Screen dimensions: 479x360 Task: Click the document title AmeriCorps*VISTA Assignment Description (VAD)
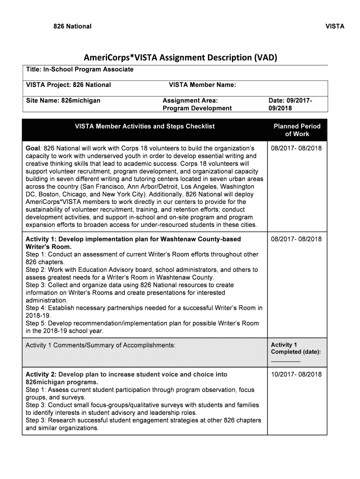(180, 58)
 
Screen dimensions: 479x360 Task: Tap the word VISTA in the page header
(335, 26)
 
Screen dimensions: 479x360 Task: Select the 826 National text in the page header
(72, 26)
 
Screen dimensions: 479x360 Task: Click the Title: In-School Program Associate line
(79, 69)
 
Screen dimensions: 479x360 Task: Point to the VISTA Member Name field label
(202, 85)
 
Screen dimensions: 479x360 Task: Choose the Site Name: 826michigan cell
(63, 100)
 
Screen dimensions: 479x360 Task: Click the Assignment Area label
(190, 100)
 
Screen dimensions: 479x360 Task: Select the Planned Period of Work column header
(297, 130)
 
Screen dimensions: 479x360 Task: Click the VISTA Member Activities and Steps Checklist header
(145, 126)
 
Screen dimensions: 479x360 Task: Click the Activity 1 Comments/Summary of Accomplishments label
(101, 345)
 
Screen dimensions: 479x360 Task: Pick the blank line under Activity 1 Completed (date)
(286, 361)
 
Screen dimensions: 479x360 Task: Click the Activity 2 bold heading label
(41, 374)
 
